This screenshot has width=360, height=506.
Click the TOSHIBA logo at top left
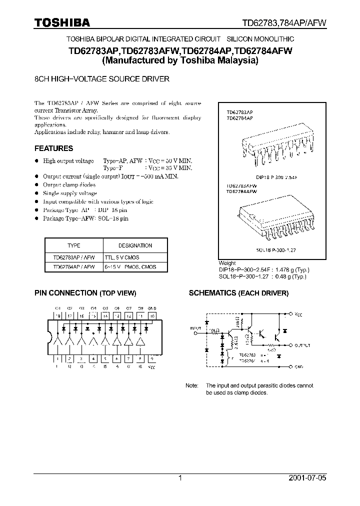pos(62,22)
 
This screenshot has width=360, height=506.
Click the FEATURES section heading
pos(53,148)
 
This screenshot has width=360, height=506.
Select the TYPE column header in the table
pos(73,245)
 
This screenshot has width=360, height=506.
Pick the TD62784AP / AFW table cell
pos(73,267)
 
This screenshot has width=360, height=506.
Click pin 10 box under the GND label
pos(152,316)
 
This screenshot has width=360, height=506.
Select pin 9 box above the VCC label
pos(152,358)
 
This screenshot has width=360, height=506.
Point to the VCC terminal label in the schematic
pos(298,315)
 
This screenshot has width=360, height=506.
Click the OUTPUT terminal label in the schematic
pos(302,345)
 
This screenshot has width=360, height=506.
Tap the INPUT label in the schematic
pos(195,328)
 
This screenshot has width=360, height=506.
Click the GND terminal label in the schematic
pos(298,366)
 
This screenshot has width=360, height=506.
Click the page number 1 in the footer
pos(180,478)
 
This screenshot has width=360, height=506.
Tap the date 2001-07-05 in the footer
pos(307,478)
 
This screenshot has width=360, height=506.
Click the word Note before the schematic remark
pos(192,386)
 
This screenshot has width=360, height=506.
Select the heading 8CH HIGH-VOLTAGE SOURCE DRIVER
pos(101,79)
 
